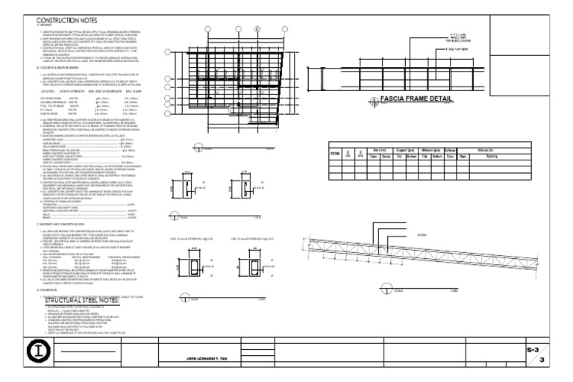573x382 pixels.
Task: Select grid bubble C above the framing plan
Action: tap(257, 29)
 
